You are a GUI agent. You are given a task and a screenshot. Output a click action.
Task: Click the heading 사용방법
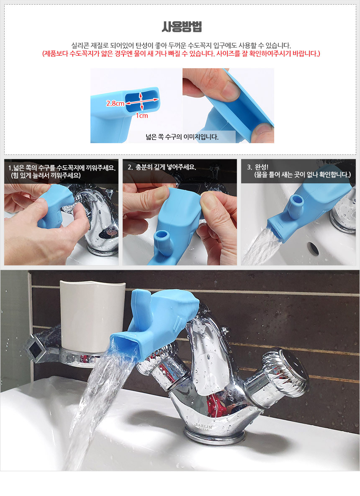182,27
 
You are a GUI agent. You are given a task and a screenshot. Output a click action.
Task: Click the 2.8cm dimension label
115,103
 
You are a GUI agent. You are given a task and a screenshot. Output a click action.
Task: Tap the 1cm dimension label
142,116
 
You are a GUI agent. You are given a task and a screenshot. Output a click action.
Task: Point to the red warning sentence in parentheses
181,54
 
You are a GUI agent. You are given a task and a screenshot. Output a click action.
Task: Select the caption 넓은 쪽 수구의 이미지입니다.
182,137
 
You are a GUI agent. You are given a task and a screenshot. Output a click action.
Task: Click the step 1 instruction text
62,172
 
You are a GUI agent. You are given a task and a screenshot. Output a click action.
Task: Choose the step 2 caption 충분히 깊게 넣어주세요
162,167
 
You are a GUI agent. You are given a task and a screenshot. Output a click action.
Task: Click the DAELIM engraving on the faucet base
203,427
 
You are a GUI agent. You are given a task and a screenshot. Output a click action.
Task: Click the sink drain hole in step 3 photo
313,248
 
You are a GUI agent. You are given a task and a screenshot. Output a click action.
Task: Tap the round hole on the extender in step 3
297,200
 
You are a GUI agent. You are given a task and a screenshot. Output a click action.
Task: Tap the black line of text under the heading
181,45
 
